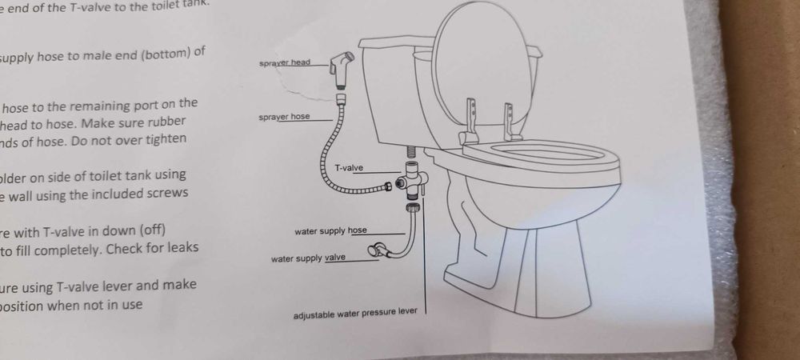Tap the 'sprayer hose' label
[x=284, y=117]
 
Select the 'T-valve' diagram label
[x=349, y=167]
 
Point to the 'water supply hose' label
[x=330, y=230]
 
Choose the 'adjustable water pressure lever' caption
[x=355, y=313]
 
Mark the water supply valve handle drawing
[x=374, y=253]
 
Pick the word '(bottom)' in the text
[x=166, y=53]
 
